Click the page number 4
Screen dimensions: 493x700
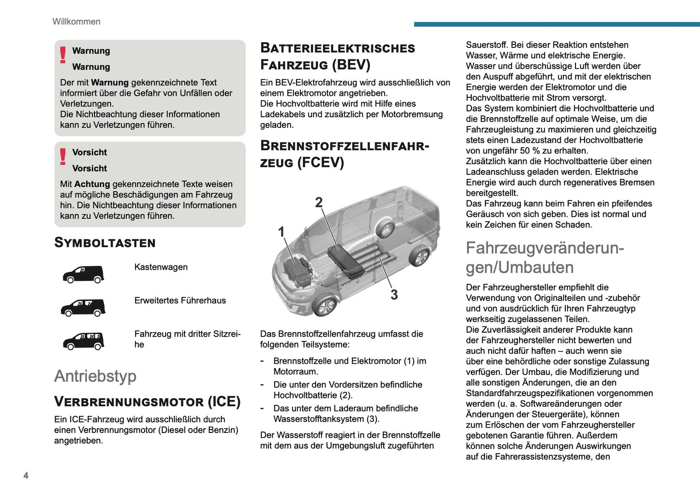(x=26, y=476)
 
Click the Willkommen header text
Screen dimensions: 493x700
(x=76, y=22)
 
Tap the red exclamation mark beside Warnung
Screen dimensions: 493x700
(x=63, y=55)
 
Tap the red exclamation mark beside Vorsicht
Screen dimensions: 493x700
(x=63, y=156)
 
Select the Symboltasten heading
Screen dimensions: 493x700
(x=105, y=243)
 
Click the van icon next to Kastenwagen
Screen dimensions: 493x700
(x=83, y=274)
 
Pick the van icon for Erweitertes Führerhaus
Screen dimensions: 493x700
(x=83, y=308)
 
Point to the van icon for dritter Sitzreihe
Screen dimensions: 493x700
(x=83, y=341)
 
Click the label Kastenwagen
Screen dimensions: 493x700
(x=161, y=267)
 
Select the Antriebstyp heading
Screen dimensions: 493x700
(x=95, y=376)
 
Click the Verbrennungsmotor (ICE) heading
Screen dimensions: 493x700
(x=147, y=401)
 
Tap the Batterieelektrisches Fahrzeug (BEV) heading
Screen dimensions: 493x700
(x=338, y=56)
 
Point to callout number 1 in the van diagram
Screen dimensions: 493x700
(x=281, y=232)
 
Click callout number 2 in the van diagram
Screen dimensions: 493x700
(x=319, y=202)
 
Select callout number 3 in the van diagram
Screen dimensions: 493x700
(x=394, y=294)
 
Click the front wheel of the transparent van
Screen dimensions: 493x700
(x=325, y=306)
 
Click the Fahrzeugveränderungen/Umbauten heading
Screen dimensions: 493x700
(x=544, y=258)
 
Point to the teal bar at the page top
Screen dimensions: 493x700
(x=557, y=24)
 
